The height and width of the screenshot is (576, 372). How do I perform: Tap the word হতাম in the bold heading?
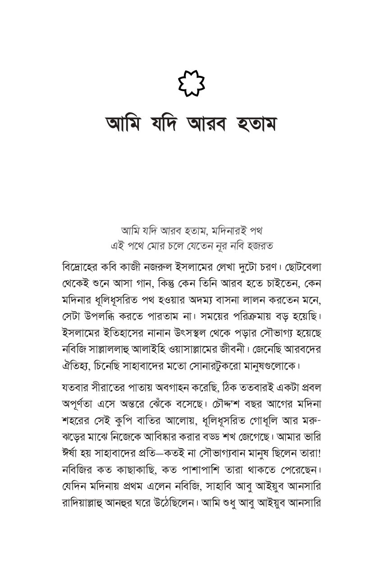pos(250,123)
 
